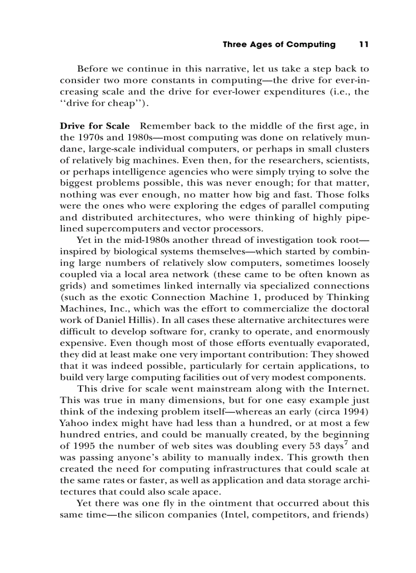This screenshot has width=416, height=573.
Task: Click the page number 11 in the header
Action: tap(363, 44)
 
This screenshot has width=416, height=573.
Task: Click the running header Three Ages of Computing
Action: tap(279, 44)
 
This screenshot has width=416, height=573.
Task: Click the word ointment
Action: tap(210, 503)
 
